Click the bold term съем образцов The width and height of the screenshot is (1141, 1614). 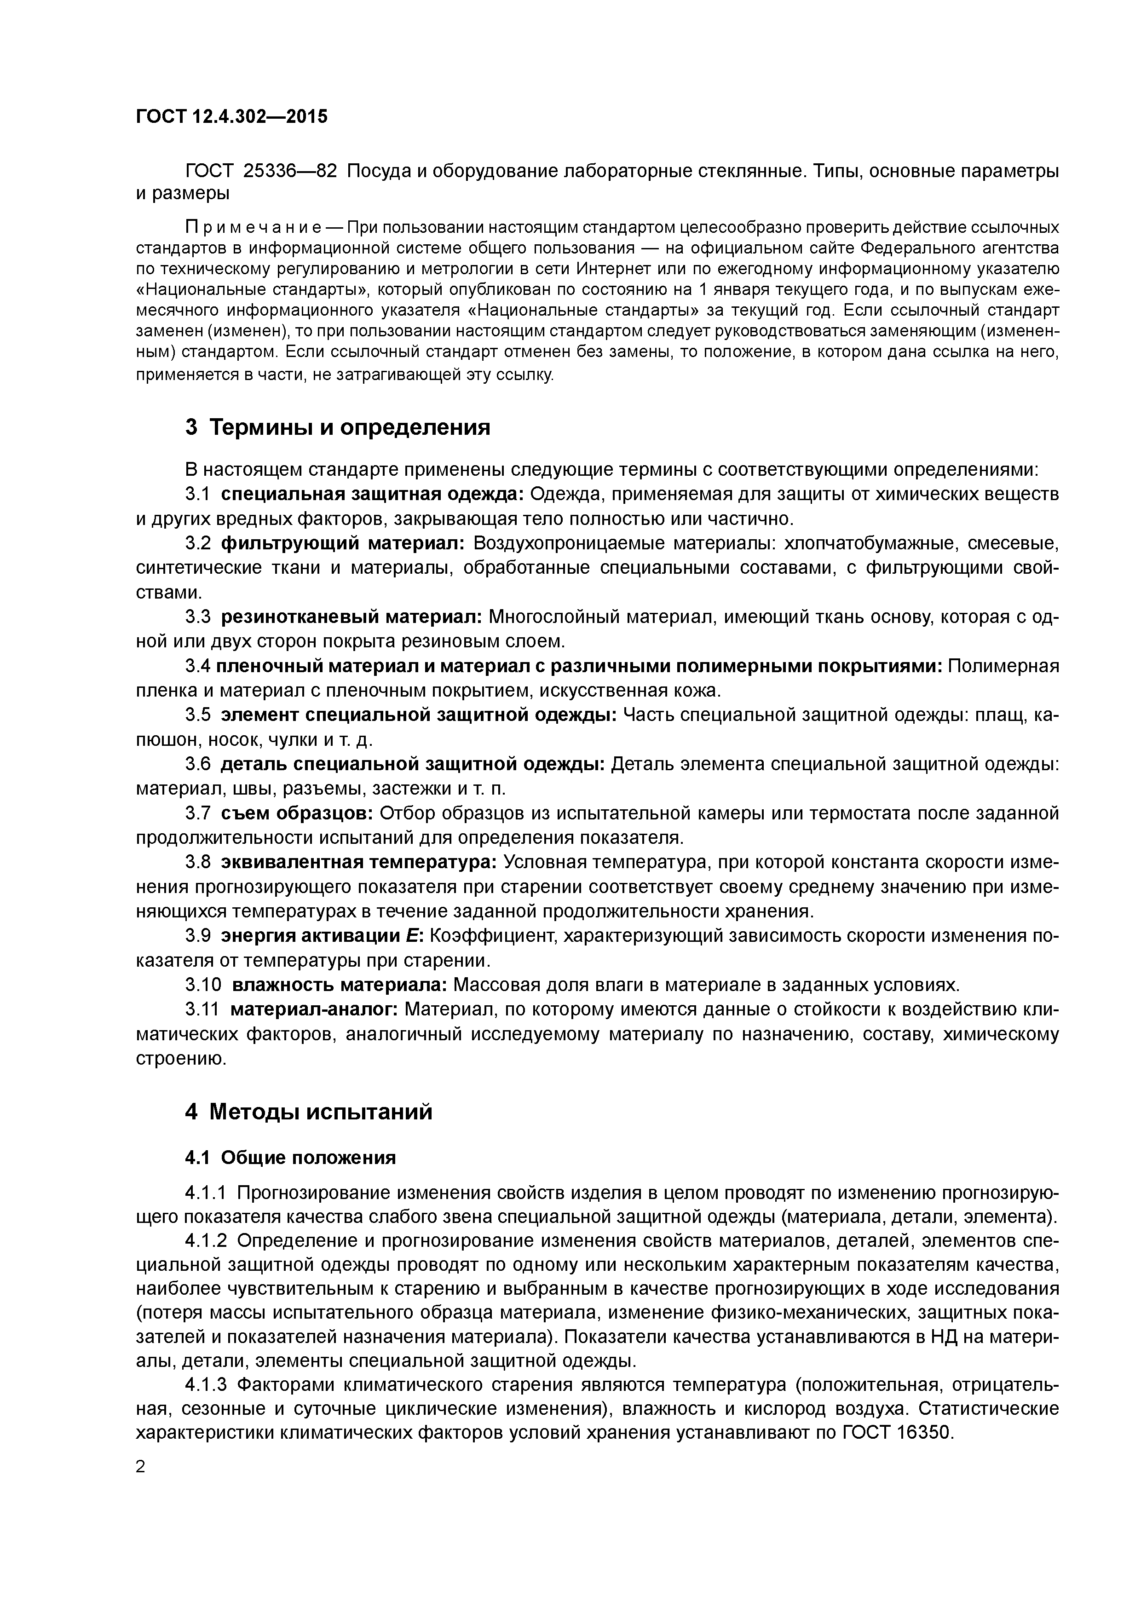coord(297,813)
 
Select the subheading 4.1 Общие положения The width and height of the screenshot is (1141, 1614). coord(290,1157)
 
